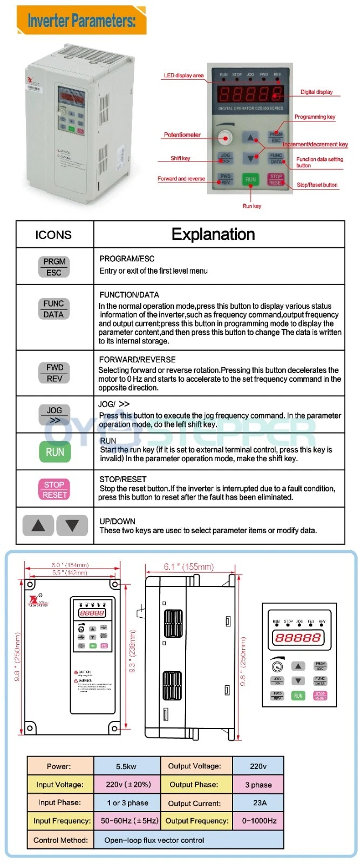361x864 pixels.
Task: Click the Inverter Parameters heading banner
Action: click(81, 21)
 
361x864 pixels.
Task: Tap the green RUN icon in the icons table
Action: click(55, 452)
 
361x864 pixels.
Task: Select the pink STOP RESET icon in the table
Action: click(55, 489)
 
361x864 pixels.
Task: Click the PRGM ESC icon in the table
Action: click(54, 267)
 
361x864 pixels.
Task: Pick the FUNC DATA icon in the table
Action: click(53, 309)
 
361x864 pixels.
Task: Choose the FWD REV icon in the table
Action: click(55, 373)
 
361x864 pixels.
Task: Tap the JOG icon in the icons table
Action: click(55, 415)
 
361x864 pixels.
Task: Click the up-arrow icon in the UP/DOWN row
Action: click(38, 525)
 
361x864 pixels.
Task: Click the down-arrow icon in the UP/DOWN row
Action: click(72, 525)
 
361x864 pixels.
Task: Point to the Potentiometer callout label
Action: click(182, 135)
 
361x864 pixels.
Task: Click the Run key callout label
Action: click(251, 206)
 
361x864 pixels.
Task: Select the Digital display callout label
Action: click(317, 92)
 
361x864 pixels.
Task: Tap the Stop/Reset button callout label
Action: click(317, 185)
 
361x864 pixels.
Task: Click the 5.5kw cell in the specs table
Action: click(126, 766)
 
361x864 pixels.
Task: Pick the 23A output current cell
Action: click(260, 803)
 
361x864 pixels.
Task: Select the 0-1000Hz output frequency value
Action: click(259, 821)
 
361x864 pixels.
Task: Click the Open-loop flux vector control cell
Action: click(154, 840)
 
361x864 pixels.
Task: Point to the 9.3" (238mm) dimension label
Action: click(133, 651)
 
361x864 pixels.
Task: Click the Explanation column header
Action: click(213, 234)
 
